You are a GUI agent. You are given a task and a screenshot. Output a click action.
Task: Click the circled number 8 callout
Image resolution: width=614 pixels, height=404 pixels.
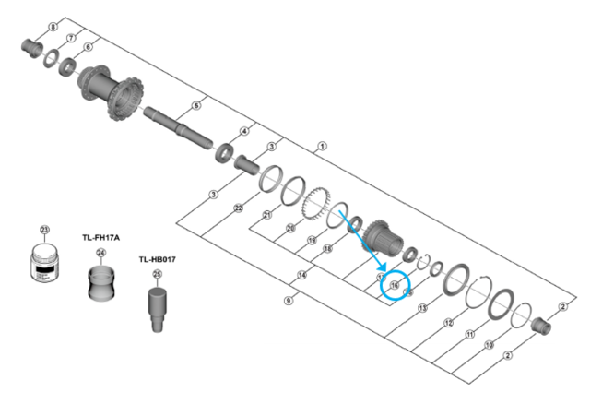[x=52, y=28]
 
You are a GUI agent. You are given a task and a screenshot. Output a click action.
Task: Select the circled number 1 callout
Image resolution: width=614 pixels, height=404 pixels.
[x=321, y=146]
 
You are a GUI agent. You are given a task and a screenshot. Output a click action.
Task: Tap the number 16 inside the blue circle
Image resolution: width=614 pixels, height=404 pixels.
[x=394, y=286]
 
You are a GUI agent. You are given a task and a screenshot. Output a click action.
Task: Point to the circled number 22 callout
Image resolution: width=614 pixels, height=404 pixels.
[x=238, y=209]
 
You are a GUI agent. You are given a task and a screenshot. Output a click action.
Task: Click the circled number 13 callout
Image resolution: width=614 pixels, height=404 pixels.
[x=421, y=308]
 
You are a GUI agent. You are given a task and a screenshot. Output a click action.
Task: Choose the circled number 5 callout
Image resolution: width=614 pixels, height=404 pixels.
[x=195, y=105]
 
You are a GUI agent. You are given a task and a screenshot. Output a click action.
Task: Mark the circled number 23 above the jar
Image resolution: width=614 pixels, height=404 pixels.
[x=44, y=230]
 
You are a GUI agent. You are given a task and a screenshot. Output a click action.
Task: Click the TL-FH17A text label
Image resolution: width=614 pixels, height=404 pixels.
[x=101, y=236]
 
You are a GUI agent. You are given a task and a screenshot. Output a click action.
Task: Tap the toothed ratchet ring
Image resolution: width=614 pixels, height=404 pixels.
[x=313, y=202]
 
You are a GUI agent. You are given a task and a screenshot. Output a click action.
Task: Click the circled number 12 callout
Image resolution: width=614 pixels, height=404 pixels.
[x=448, y=323]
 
